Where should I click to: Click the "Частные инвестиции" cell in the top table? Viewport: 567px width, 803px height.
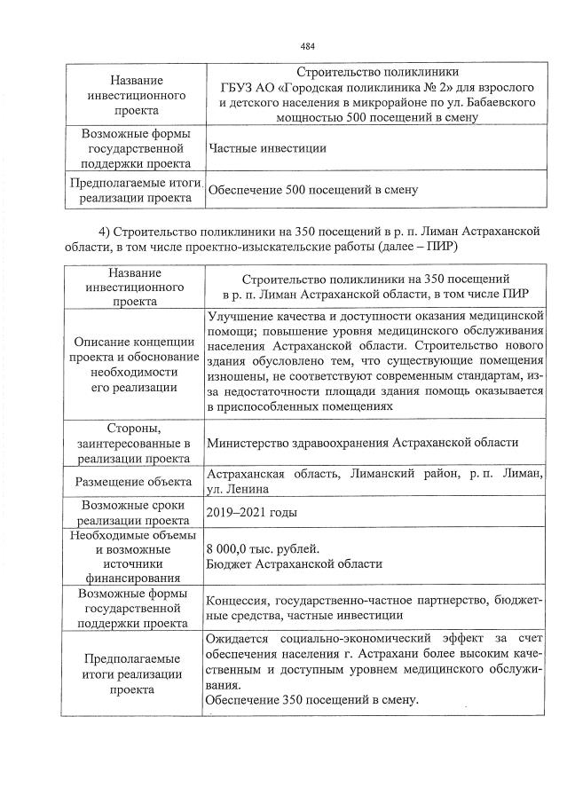click(265, 148)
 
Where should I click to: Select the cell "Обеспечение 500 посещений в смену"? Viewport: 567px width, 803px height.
click(312, 189)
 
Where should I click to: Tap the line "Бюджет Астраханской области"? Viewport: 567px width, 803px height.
click(294, 563)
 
